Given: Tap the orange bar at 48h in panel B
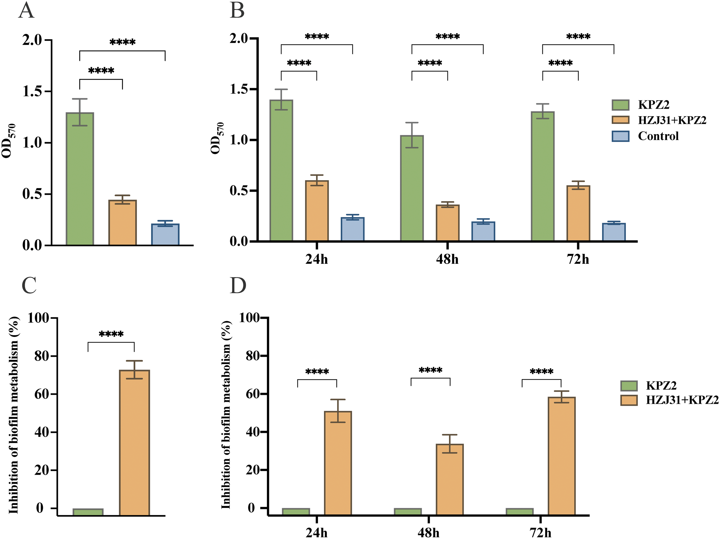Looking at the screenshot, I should point(448,223).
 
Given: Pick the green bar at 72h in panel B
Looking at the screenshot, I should point(543,176).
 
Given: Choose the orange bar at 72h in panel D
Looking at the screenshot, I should point(562,456).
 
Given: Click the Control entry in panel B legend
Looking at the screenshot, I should point(658,136).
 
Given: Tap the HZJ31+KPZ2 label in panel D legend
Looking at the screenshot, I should point(682,400).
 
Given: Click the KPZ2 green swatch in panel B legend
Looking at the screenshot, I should point(620,105).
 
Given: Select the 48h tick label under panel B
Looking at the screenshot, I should point(447,260).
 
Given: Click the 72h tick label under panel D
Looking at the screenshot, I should point(541,533).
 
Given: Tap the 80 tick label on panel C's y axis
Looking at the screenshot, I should point(42,356).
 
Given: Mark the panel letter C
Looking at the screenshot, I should point(29,285).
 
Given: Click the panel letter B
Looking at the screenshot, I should point(237,10).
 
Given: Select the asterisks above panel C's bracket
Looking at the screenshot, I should point(111,334).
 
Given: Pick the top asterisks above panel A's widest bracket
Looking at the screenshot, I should point(122,42).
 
